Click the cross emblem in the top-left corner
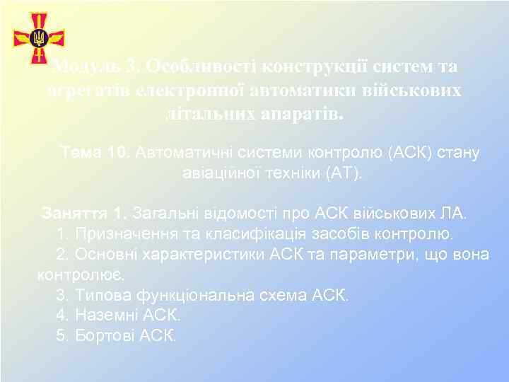tap(38, 37)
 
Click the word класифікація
tap(260, 233)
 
